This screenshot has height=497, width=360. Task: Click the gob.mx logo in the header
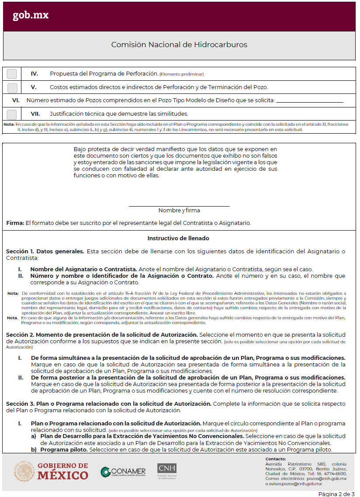coord(31,15)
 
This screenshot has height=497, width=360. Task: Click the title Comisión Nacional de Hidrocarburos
coord(179,45)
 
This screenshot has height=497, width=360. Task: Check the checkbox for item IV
coord(12,74)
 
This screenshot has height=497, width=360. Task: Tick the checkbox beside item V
coord(12,87)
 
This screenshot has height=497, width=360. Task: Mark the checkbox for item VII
coord(12,114)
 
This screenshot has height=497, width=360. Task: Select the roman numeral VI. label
coord(16,100)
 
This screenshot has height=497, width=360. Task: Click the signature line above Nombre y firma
coord(179,205)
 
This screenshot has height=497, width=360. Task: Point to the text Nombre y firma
coord(179,211)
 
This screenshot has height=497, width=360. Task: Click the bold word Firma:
coord(15,223)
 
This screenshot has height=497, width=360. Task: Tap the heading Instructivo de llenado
coord(178,238)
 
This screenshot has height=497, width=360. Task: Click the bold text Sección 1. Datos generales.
coord(45,252)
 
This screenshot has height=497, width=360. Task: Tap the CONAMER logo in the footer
coord(123,472)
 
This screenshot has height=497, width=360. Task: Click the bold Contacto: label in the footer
coord(276,459)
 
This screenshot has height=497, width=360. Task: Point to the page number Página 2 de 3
coord(336,494)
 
